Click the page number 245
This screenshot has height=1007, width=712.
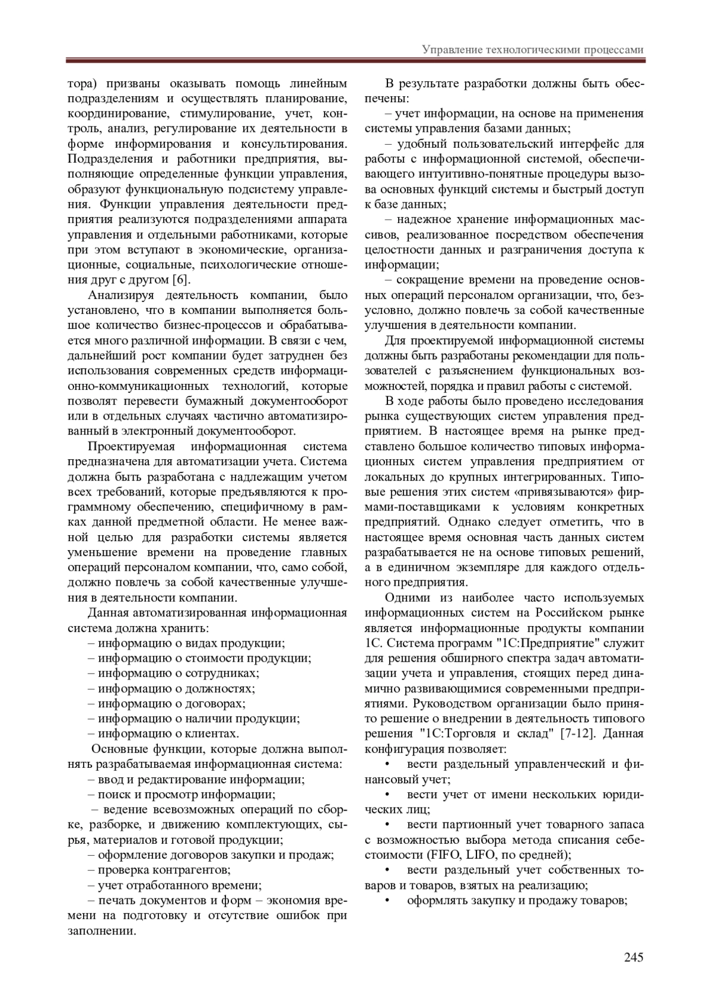coord(633,957)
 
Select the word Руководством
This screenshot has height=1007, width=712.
coord(444,704)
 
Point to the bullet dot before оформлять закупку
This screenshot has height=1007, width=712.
coord(387,901)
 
